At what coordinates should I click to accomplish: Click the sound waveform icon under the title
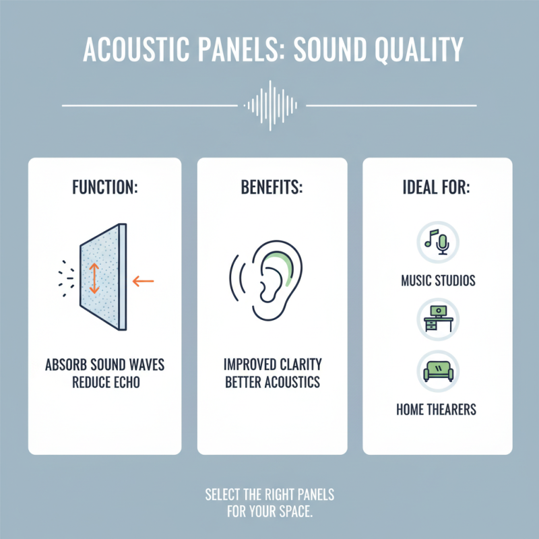(x=269, y=105)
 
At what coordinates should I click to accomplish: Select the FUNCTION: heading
(x=104, y=187)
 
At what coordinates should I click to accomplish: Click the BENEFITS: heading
(x=272, y=187)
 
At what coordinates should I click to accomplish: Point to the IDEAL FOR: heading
(x=438, y=187)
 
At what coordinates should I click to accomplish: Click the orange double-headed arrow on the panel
(x=94, y=277)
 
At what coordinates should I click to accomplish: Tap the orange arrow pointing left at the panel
(x=143, y=280)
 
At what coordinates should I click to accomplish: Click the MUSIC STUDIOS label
(x=437, y=280)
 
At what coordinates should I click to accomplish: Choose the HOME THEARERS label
(x=437, y=409)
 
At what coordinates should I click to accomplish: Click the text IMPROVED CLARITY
(x=272, y=365)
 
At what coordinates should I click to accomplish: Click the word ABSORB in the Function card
(x=64, y=365)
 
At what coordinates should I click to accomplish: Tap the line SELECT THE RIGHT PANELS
(x=269, y=495)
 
